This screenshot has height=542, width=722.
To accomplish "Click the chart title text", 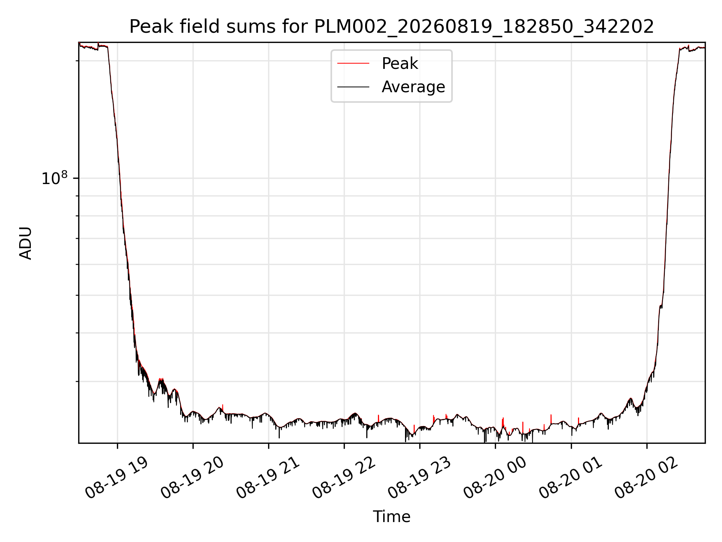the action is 391,27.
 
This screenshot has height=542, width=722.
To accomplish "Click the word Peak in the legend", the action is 400,64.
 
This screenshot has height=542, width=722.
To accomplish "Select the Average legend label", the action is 413,87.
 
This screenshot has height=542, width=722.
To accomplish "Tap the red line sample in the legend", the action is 353,64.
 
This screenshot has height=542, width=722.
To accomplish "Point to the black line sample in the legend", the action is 353,87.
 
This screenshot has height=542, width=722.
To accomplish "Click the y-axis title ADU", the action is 26,243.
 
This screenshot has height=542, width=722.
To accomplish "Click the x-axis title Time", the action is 391,517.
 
